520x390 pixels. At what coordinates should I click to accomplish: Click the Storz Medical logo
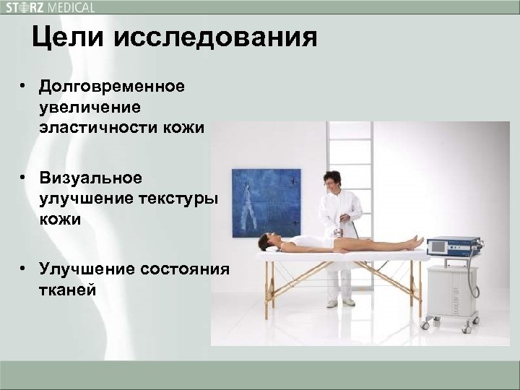[50, 8]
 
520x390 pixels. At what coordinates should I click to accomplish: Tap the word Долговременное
[113, 87]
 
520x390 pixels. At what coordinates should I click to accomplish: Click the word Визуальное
[92, 178]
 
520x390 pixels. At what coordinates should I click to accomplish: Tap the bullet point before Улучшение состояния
[24, 269]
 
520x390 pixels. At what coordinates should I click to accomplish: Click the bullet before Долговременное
[24, 87]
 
